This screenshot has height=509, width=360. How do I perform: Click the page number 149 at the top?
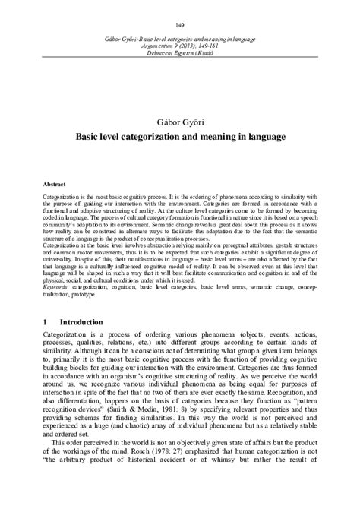click(x=180, y=24)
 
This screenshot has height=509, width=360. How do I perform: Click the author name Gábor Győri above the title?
click(x=179, y=122)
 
